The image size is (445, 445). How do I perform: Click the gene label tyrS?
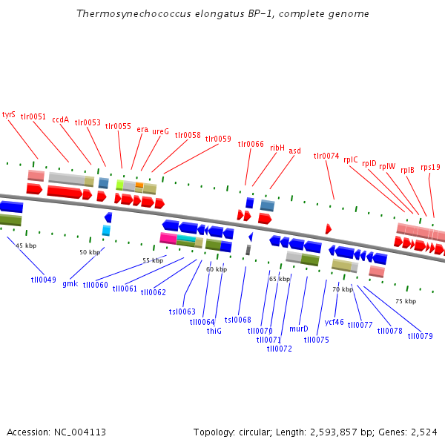[9, 114]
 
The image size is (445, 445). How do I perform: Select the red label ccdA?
[60, 119]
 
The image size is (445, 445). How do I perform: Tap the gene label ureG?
[161, 131]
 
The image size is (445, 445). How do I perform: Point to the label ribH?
[277, 148]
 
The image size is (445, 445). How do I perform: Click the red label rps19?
[430, 167]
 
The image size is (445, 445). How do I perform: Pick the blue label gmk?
[70, 283]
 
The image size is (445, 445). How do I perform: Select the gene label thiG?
[214, 331]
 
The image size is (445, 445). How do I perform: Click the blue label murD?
[299, 328]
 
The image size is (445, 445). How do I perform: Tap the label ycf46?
[334, 322]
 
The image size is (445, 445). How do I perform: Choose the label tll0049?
[43, 280]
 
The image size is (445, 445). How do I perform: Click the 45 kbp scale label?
[26, 245]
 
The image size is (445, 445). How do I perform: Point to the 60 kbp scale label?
[217, 269]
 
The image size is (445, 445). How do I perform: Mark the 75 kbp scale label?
[406, 301]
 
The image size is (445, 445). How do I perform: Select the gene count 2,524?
[424, 432]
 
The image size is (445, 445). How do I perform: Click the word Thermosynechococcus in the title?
[122, 14]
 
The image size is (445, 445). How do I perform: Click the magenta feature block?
[168, 238]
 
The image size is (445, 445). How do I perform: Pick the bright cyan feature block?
[185, 237]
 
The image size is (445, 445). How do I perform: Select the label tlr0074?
[326, 156]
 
